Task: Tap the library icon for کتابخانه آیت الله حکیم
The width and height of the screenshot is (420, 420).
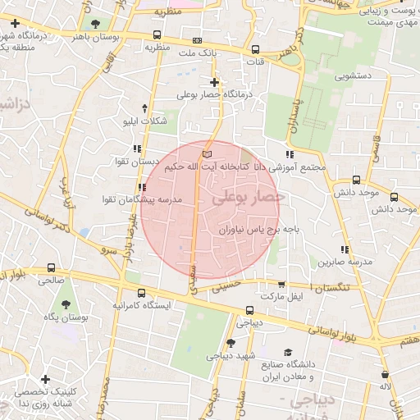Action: [207, 153]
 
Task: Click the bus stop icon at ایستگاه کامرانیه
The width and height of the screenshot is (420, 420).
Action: [142, 293]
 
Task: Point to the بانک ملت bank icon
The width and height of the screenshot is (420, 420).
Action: [196, 39]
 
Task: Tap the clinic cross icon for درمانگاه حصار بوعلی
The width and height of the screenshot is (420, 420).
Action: [214, 82]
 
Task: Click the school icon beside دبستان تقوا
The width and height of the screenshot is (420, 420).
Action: [136, 149]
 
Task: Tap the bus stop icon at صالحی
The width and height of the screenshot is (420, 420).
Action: [52, 267]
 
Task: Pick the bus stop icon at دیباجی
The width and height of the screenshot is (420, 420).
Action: [251, 310]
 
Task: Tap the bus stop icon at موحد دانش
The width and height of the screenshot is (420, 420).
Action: [355, 179]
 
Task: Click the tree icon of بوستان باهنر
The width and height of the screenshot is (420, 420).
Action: [96, 24]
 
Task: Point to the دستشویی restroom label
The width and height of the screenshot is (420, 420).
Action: [354, 76]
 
